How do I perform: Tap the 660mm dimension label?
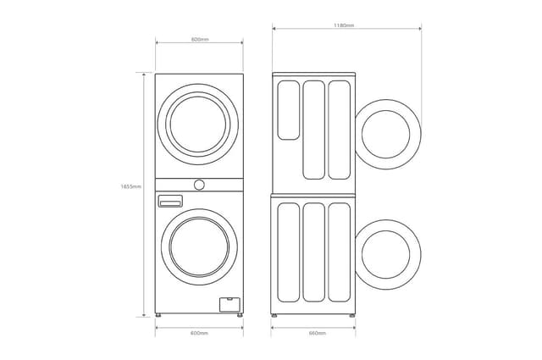[318, 333]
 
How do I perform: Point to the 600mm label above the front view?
[200, 40]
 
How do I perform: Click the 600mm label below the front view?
[200, 333]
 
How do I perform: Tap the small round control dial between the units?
[199, 184]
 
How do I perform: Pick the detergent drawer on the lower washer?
[170, 201]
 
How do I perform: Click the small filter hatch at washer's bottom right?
[227, 302]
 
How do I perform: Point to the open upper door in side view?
[389, 132]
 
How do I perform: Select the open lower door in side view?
[389, 251]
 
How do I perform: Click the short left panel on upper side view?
[288, 109]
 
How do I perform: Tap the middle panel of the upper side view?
[313, 130]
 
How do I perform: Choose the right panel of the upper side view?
[339, 130]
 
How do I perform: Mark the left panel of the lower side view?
[288, 252]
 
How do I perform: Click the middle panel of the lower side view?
[313, 252]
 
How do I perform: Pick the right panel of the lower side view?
[339, 252]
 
